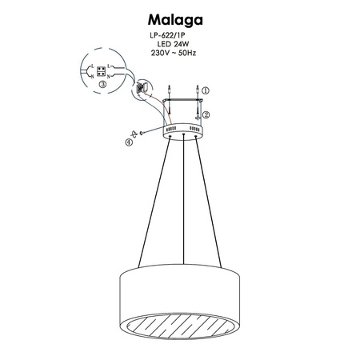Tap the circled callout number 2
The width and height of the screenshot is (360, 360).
pos(206,114)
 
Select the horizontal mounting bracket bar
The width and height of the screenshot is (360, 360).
pos(183,102)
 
